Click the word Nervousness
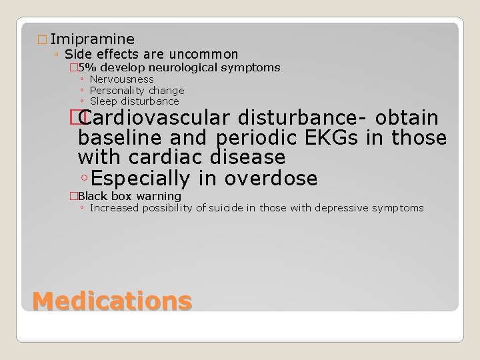tap(121, 79)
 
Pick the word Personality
tap(119, 90)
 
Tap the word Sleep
tap(102, 101)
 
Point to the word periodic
tap(250, 138)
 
